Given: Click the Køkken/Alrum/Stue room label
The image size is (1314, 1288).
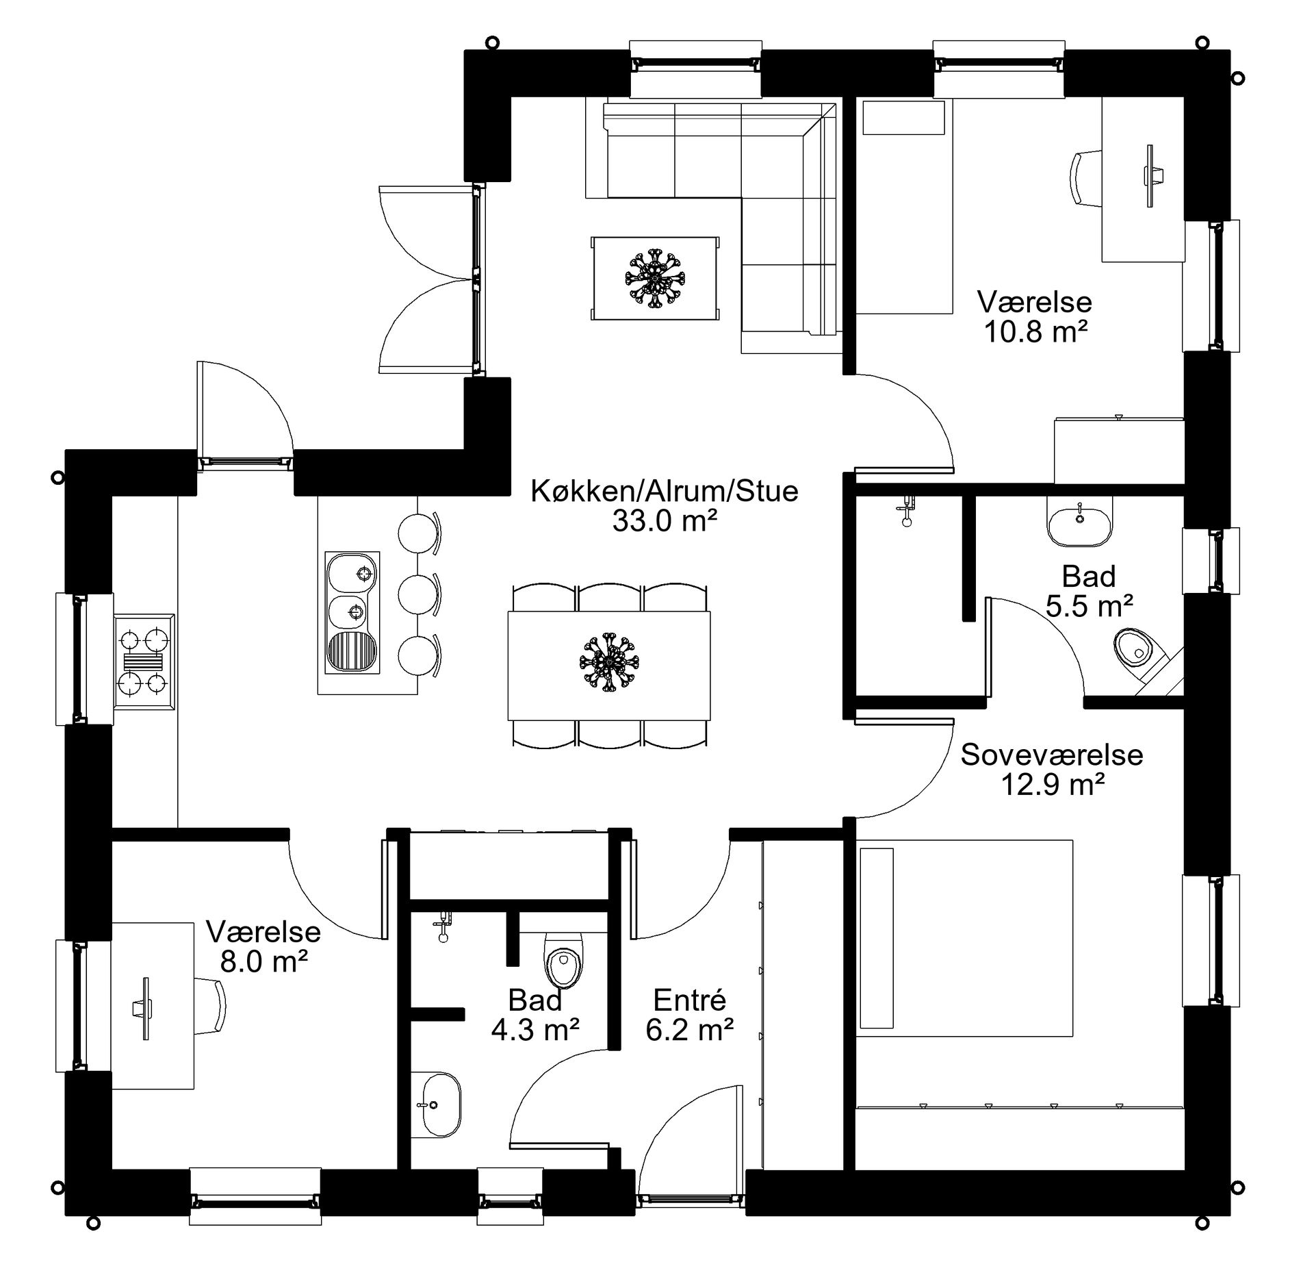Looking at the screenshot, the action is click(665, 491).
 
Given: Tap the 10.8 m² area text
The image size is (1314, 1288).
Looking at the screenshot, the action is click(1035, 332).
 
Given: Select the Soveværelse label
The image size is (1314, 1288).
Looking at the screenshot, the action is click(1052, 755).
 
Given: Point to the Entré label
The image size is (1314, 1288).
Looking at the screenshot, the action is click(689, 1000).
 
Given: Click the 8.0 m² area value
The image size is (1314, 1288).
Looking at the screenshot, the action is click(263, 962).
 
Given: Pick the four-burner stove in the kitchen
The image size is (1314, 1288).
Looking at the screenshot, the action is click(144, 661).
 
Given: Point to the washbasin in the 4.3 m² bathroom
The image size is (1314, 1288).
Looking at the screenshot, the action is click(439, 1104).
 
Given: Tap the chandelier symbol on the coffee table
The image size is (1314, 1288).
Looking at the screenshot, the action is click(655, 279).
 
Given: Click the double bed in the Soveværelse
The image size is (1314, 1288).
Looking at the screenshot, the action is click(964, 937).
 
